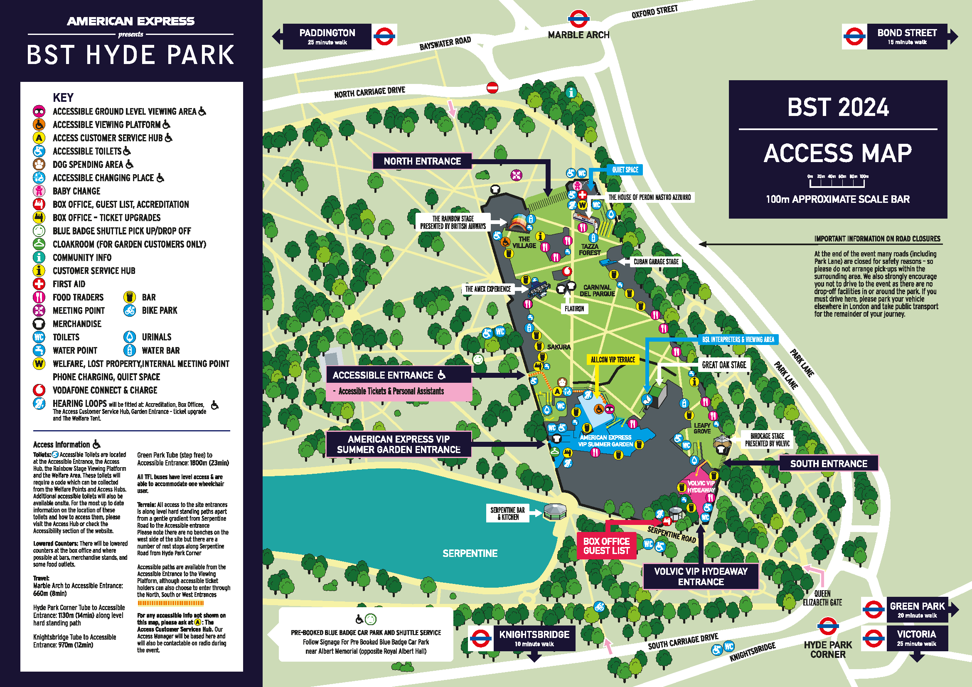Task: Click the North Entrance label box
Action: pyautogui.click(x=422, y=161)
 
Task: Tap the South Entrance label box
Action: pyautogui.click(x=829, y=463)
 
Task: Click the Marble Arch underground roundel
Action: pyautogui.click(x=578, y=19)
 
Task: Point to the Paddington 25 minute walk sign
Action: pyautogui.click(x=327, y=37)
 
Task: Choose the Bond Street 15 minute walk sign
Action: pyautogui.click(x=906, y=37)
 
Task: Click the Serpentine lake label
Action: pyautogui.click(x=470, y=553)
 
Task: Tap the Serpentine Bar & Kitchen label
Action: pyautogui.click(x=507, y=513)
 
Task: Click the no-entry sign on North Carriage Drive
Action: pyautogui.click(x=492, y=88)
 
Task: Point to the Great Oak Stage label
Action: pyautogui.click(x=724, y=365)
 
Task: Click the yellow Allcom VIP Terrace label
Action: pyautogui.click(x=613, y=360)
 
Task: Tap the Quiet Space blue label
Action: pyautogui.click(x=625, y=170)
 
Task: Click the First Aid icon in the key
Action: pyautogui.click(x=39, y=284)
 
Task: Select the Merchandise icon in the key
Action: pyautogui.click(x=39, y=324)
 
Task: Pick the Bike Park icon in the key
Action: pyautogui.click(x=130, y=311)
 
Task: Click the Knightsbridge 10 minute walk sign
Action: pyautogui.click(x=534, y=638)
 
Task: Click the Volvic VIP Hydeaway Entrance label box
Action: pyautogui.click(x=701, y=576)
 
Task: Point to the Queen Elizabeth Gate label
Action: pyautogui.click(x=822, y=598)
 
